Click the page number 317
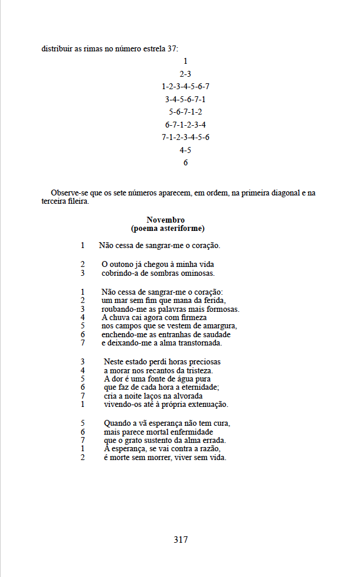pyautogui.click(x=181, y=539)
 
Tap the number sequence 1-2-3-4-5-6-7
pyautogui.click(x=185, y=86)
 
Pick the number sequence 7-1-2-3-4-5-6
pyautogui.click(x=185, y=137)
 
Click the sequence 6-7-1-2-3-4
pyautogui.click(x=185, y=125)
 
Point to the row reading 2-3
pyautogui.click(x=185, y=74)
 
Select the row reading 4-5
pyautogui.click(x=185, y=150)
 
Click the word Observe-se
pyautogui.click(x=69, y=193)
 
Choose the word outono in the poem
pyautogui.click(x=122, y=265)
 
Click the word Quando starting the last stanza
pyautogui.click(x=117, y=423)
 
